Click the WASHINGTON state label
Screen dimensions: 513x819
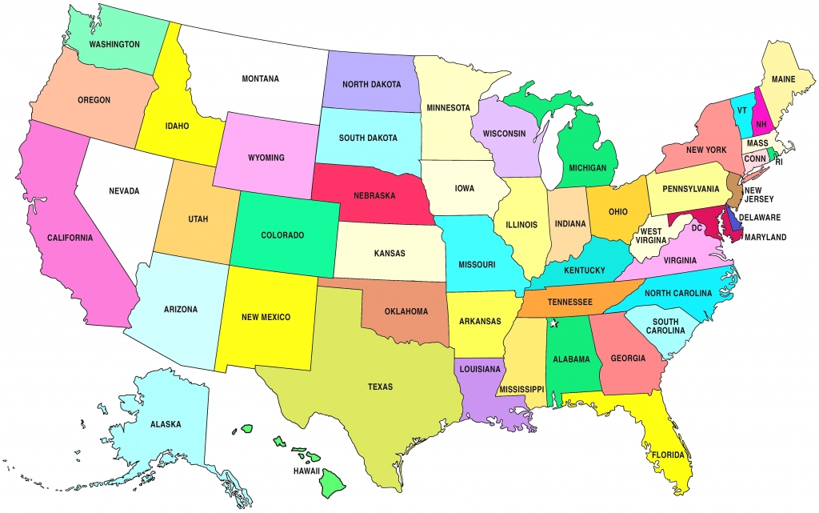pos(114,44)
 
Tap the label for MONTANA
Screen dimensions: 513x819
pos(260,78)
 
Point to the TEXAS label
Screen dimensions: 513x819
pos(380,387)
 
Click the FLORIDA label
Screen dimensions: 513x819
pos(667,455)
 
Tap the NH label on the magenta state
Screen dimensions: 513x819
pos(762,125)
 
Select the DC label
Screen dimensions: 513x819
pos(696,228)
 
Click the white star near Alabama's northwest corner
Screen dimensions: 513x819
pos(553,323)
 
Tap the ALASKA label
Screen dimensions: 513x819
pos(165,423)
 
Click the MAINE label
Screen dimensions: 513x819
pos(783,80)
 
